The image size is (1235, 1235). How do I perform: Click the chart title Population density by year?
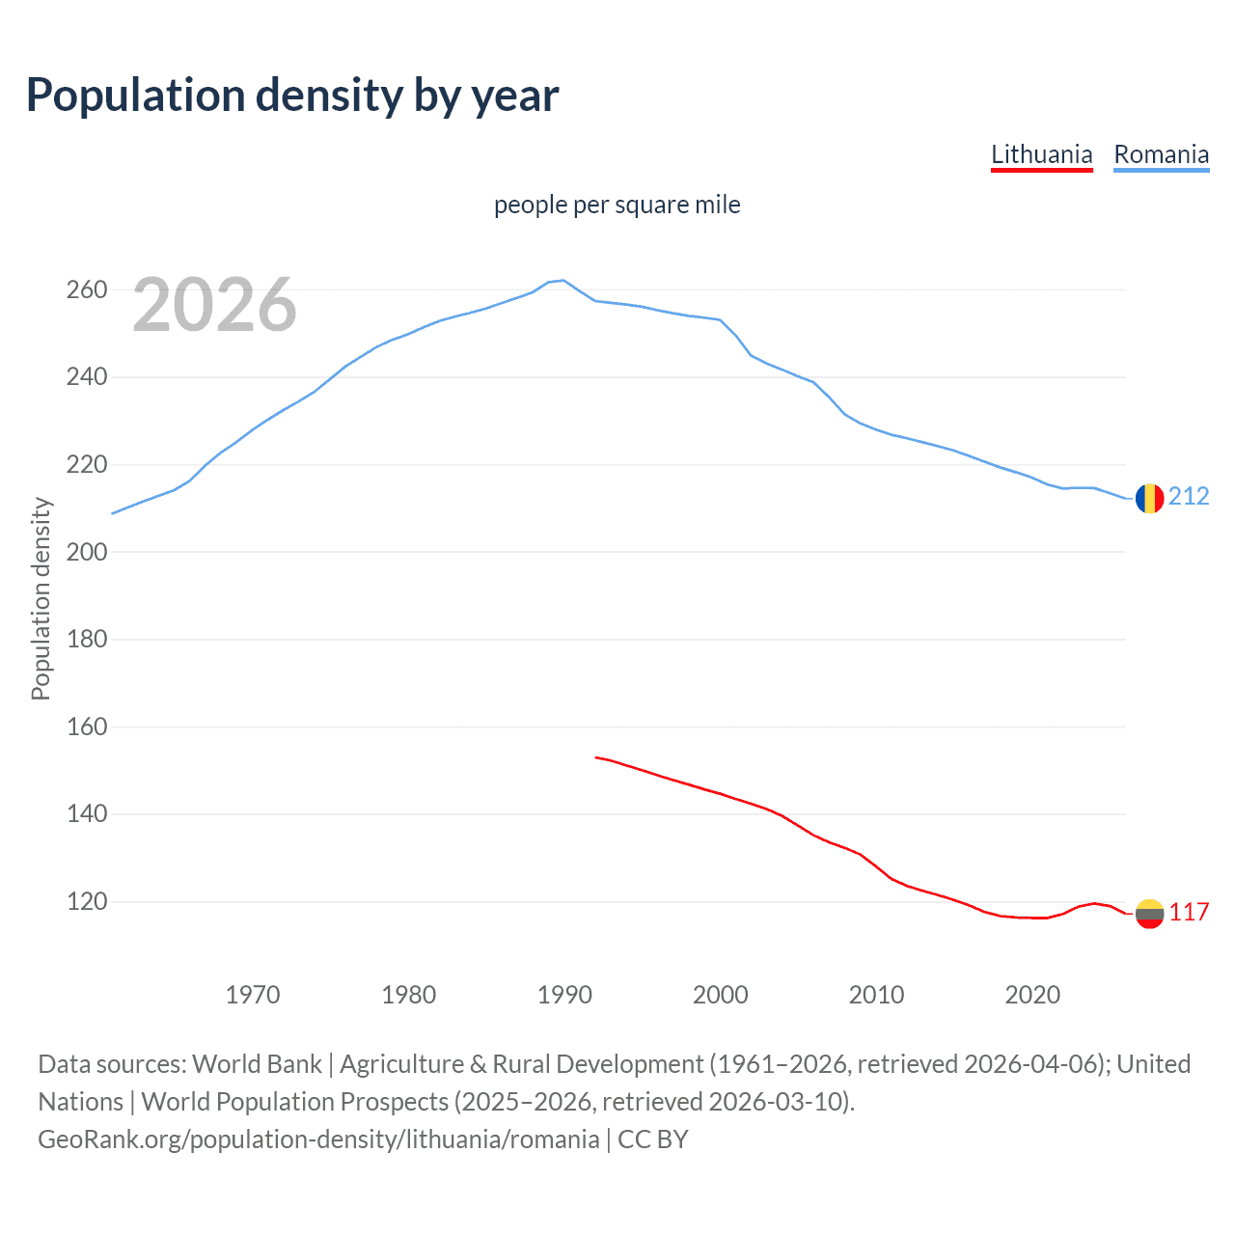(292, 96)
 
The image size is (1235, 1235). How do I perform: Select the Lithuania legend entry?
(1041, 154)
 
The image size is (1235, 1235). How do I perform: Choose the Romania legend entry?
(1161, 154)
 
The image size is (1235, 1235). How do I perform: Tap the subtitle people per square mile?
(617, 205)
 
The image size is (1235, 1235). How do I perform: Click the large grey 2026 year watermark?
(214, 305)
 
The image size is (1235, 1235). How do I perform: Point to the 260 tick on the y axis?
(86, 289)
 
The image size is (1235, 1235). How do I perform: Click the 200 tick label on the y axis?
(86, 552)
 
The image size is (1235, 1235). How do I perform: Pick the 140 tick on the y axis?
(86, 814)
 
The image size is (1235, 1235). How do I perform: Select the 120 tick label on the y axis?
(86, 902)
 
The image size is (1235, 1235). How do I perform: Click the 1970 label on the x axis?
(253, 995)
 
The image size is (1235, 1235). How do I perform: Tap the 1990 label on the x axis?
(564, 995)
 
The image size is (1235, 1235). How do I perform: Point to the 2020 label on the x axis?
(1032, 995)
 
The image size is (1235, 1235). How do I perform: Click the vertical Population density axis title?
(41, 598)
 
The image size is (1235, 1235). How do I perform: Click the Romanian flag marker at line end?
(1149, 498)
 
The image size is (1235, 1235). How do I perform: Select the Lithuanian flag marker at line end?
(1149, 913)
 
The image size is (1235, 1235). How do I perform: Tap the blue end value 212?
(1189, 496)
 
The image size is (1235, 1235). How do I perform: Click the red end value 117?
(1189, 912)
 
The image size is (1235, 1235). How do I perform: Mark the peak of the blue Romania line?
(563, 281)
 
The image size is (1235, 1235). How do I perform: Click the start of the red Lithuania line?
(596, 757)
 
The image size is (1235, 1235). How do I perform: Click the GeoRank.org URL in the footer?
(318, 1139)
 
